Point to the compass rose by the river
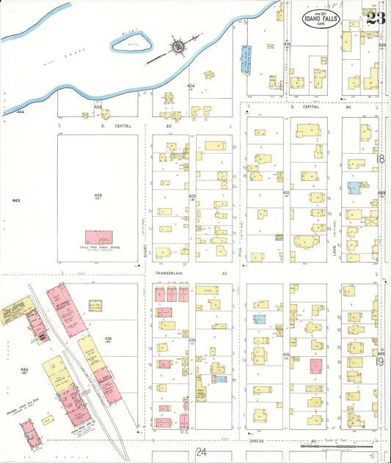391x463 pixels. (x=178, y=47)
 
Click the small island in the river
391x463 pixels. (x=131, y=44)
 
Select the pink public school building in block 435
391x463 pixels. (x=99, y=238)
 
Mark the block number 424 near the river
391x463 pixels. (x=191, y=86)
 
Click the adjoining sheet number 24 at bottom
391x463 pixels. (x=201, y=453)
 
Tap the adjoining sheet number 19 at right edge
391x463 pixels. (x=380, y=360)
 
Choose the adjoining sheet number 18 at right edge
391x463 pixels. (x=380, y=159)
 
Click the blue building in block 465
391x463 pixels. (x=354, y=188)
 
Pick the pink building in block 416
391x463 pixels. (x=315, y=366)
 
